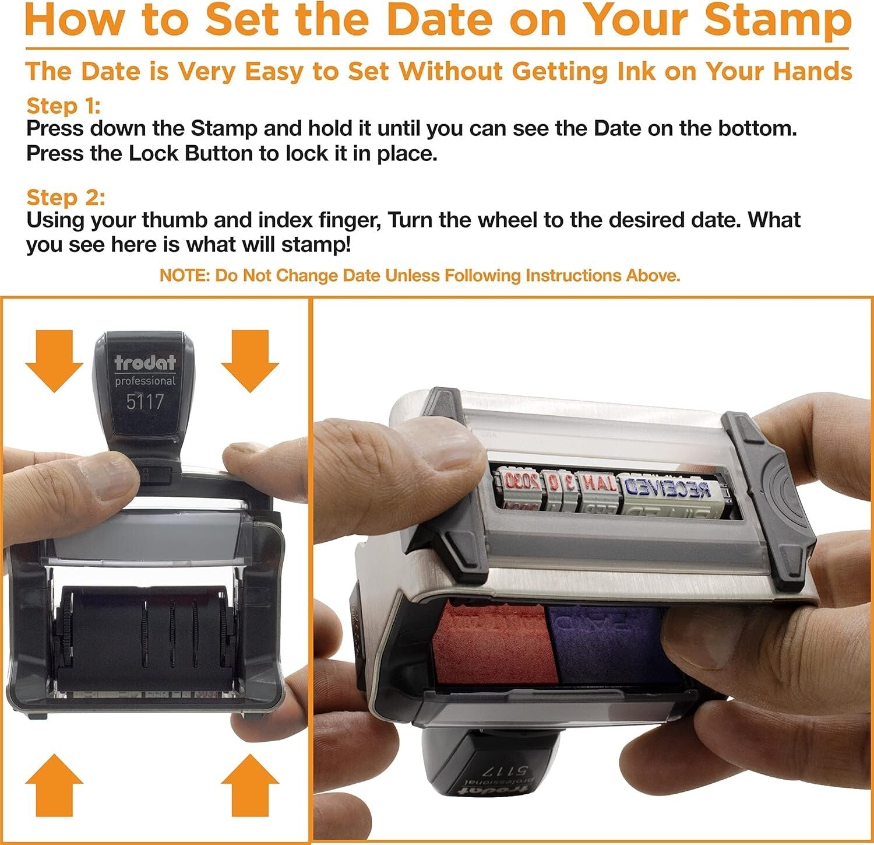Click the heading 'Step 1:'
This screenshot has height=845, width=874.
pyautogui.click(x=64, y=106)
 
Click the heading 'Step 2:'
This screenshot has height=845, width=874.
pyautogui.click(x=65, y=198)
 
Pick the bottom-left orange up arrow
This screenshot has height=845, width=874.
pyautogui.click(x=54, y=784)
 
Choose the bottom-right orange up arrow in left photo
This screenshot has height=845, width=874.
pyautogui.click(x=250, y=784)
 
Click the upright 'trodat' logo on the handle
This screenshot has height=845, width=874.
pyautogui.click(x=145, y=363)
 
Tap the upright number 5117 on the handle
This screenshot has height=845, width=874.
pyautogui.click(x=145, y=402)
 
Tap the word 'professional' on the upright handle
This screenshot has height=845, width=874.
pyautogui.click(x=145, y=381)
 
